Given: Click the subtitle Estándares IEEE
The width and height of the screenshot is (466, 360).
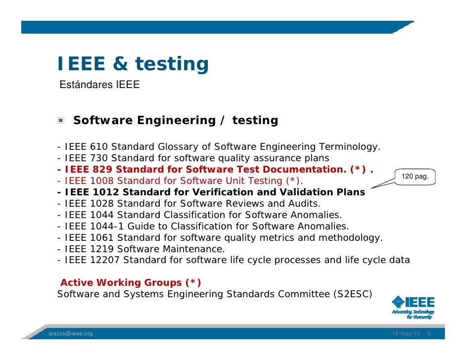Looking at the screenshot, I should tap(99, 85).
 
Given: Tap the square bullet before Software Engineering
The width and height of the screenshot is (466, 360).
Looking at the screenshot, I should tap(60, 121).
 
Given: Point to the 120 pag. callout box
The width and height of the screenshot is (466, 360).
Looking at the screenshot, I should tap(415, 177).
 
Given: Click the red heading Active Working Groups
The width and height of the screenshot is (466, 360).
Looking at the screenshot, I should tap(131, 283).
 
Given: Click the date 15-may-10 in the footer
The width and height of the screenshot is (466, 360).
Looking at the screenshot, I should tap(406, 334).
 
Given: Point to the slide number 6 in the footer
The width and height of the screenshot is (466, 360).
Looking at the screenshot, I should tap(429, 334).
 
